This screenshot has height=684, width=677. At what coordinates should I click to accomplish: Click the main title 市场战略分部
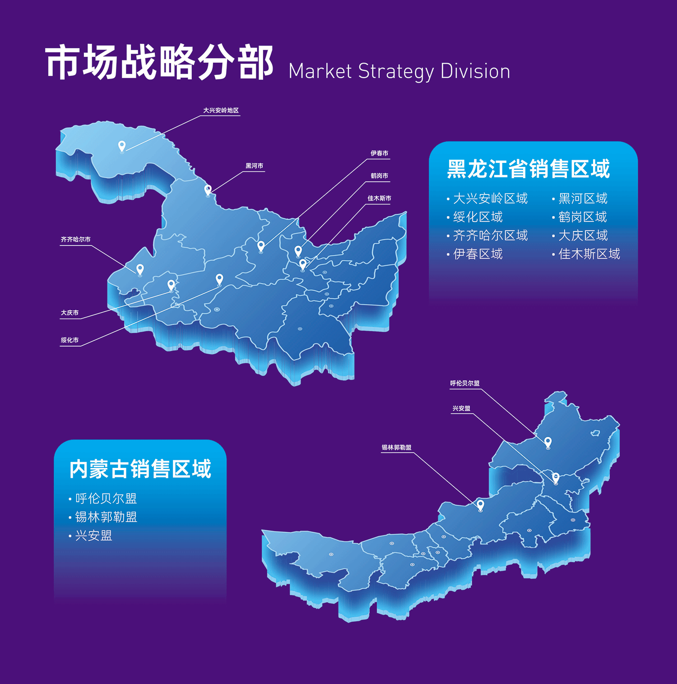pyautogui.click(x=159, y=62)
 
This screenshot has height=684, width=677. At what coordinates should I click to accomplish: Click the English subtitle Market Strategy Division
pyautogui.click(x=399, y=71)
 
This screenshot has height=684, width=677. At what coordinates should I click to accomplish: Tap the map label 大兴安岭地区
pyautogui.click(x=221, y=111)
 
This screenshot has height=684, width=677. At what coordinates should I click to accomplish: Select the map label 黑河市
pyautogui.click(x=254, y=166)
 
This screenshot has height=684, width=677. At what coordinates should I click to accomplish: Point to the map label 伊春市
pyautogui.click(x=379, y=153)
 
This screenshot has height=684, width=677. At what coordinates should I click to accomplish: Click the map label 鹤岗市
pyautogui.click(x=379, y=176)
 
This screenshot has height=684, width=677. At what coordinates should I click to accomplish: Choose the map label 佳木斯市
pyautogui.click(x=379, y=199)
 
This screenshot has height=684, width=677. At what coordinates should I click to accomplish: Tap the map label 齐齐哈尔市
pyautogui.click(x=76, y=240)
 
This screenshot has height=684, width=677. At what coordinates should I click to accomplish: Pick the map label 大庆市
pyautogui.click(x=70, y=313)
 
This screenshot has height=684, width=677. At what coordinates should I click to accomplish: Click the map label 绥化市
pyautogui.click(x=70, y=340)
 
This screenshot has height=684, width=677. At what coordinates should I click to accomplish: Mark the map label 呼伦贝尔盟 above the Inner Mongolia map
pyautogui.click(x=464, y=384)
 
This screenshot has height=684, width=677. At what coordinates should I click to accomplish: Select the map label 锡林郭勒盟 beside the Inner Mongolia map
pyautogui.click(x=396, y=448)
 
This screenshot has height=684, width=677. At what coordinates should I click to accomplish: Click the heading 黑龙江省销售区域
pyautogui.click(x=528, y=169)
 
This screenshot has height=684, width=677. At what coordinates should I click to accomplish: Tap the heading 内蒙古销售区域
pyautogui.click(x=140, y=469)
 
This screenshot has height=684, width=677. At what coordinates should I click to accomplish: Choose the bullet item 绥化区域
pyautogui.click(x=478, y=217)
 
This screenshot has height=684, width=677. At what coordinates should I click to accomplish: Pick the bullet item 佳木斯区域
pyautogui.click(x=589, y=254)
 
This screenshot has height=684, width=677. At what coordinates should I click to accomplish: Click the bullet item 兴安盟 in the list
pyautogui.click(x=93, y=536)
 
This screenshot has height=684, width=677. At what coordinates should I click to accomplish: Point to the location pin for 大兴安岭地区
pyautogui.click(x=121, y=146)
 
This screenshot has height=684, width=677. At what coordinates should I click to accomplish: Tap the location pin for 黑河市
pyautogui.click(x=208, y=189)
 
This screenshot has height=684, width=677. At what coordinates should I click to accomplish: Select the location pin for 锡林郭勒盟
pyautogui.click(x=480, y=505)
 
